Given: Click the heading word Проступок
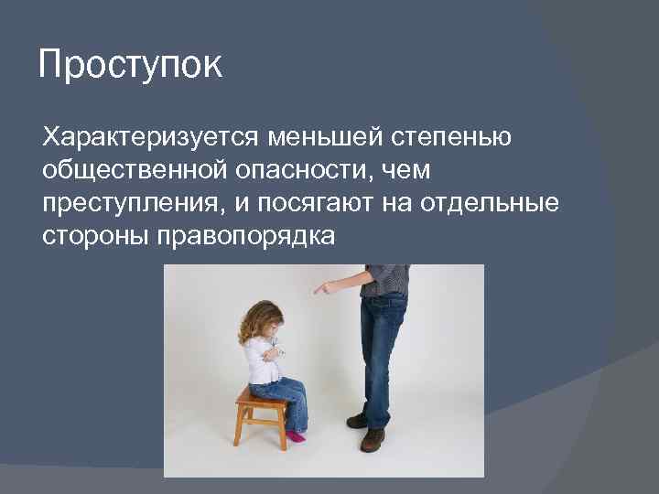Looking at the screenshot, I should [x=130, y=67].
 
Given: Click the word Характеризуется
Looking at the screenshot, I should [x=150, y=138].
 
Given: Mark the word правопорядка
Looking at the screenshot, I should [x=248, y=236].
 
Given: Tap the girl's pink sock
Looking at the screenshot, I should [x=295, y=436].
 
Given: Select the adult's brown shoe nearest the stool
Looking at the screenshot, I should [x=358, y=420].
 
